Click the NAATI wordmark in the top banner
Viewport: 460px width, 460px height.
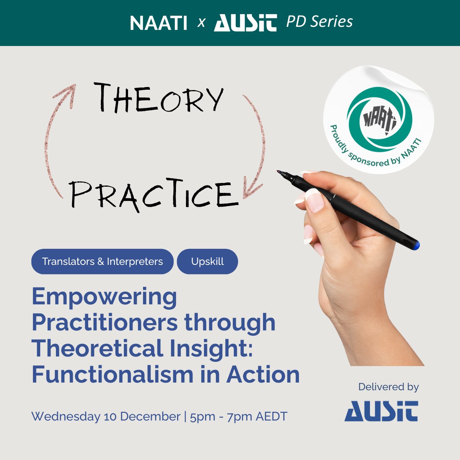pyautogui.click(x=158, y=23)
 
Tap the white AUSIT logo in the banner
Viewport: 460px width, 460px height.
pyautogui.click(x=245, y=23)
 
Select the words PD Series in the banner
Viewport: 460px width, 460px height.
pyautogui.click(x=319, y=22)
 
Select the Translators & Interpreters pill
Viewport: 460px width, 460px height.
pyautogui.click(x=102, y=261)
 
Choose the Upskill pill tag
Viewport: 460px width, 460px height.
pyautogui.click(x=207, y=261)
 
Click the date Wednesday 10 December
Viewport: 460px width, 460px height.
pyautogui.click(x=106, y=416)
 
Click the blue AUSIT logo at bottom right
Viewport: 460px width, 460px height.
pyautogui.click(x=381, y=411)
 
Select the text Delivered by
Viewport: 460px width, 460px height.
pyautogui.click(x=388, y=387)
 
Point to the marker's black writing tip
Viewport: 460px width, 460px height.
pyautogui.click(x=279, y=172)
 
